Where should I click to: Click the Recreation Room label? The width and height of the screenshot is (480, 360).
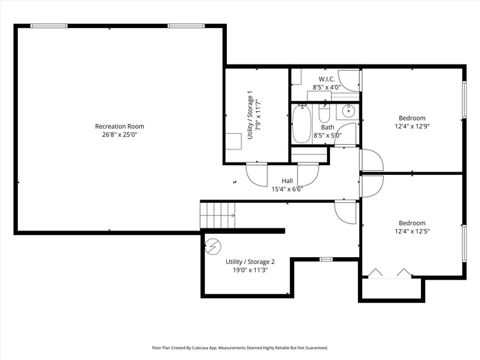click(x=119, y=126)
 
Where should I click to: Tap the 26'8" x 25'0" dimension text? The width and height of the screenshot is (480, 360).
click(x=120, y=134)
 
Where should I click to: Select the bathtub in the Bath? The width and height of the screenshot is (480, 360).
click(x=302, y=124)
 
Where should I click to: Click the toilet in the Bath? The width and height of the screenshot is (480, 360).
click(x=324, y=113)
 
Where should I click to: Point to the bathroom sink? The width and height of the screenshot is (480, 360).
click(x=348, y=111)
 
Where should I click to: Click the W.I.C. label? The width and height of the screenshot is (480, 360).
click(x=326, y=79)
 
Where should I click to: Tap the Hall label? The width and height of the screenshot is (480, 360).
click(x=287, y=181)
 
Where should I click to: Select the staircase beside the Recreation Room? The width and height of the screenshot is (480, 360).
click(x=217, y=215)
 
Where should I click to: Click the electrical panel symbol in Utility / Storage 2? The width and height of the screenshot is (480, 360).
click(x=213, y=246)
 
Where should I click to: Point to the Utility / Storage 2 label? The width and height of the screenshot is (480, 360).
click(x=250, y=262)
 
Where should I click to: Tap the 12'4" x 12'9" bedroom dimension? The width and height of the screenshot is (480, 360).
click(x=412, y=126)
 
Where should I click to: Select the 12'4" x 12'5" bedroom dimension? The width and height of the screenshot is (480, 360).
click(x=412, y=232)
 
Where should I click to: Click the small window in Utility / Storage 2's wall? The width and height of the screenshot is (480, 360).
click(x=326, y=259)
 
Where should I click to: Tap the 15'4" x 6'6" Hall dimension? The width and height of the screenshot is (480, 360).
click(x=287, y=189)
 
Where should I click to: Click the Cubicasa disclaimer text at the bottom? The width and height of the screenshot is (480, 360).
click(x=240, y=348)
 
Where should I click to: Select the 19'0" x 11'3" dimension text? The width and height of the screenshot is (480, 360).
click(x=250, y=270)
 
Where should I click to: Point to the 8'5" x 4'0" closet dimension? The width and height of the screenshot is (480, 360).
click(x=326, y=87)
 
